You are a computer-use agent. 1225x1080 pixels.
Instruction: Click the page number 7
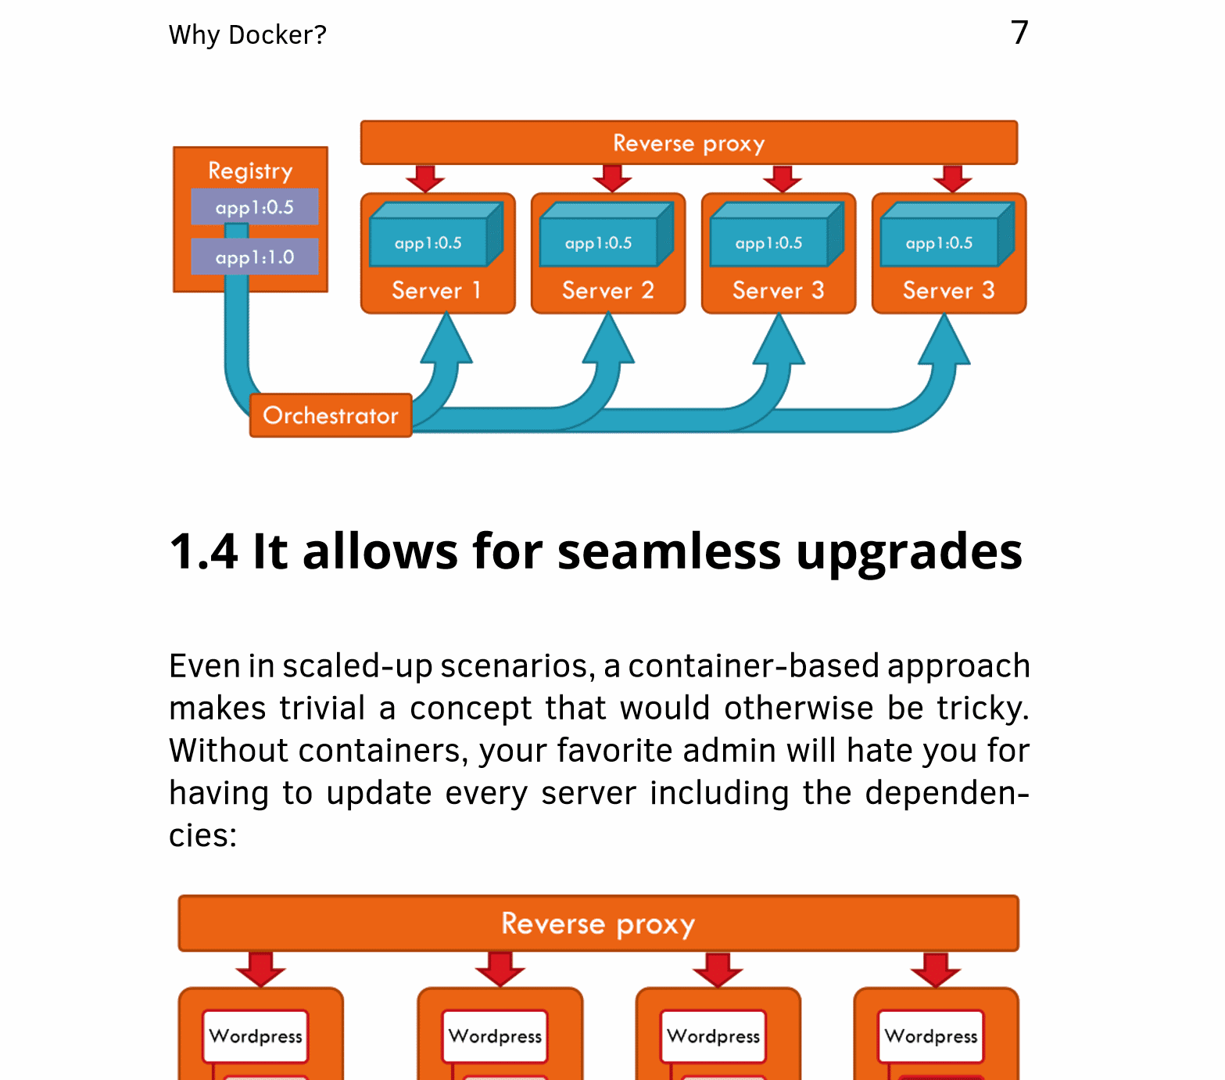(1019, 33)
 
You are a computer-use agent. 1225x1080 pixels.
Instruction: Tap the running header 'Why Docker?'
(247, 35)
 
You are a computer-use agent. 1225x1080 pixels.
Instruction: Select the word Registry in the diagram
(250, 171)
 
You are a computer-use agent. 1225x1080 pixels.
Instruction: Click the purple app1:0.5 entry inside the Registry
(255, 207)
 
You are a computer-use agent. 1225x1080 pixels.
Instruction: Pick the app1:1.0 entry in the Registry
(255, 257)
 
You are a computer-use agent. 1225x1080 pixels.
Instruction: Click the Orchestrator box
(331, 415)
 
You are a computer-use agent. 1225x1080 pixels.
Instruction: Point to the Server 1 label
(436, 291)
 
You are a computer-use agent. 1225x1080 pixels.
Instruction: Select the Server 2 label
(607, 291)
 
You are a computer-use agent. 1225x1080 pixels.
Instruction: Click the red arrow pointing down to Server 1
(425, 179)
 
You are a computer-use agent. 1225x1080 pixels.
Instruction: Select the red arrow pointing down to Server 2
(612, 179)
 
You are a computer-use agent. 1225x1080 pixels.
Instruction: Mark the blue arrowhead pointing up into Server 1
(446, 340)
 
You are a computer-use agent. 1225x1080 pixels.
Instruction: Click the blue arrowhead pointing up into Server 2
(608, 340)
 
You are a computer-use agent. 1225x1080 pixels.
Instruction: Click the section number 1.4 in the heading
(203, 551)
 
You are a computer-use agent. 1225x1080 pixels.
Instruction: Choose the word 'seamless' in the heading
(668, 551)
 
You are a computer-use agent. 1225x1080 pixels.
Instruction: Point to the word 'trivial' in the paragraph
(322, 708)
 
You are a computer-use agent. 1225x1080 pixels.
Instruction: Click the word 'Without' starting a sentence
(228, 750)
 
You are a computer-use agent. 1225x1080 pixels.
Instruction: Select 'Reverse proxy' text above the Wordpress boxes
(598, 924)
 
